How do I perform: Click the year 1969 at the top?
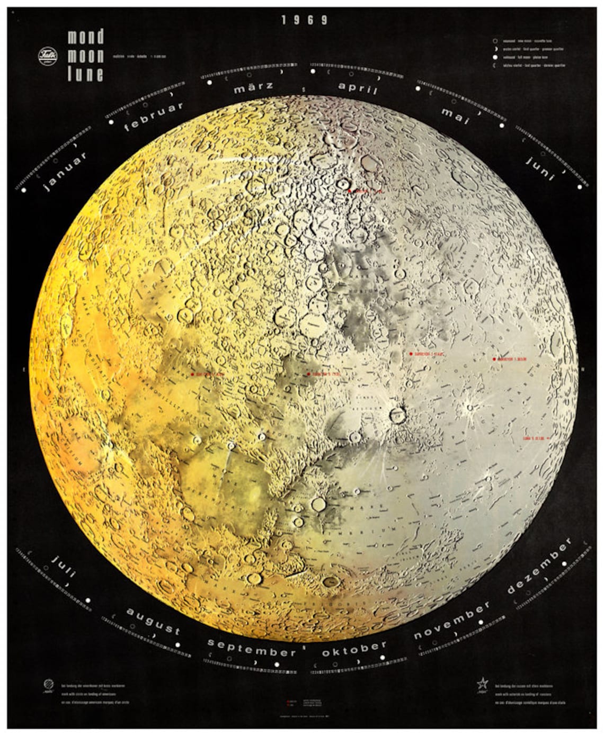coord(305,20)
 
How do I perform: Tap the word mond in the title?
coord(85,37)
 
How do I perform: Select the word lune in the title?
coord(85,74)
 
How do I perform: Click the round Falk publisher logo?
coord(48,56)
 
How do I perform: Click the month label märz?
coord(253,88)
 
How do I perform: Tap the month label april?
coord(358,88)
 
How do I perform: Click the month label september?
coord(252,647)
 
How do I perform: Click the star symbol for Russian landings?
coord(483,684)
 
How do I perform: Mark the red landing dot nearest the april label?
coord(350,190)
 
